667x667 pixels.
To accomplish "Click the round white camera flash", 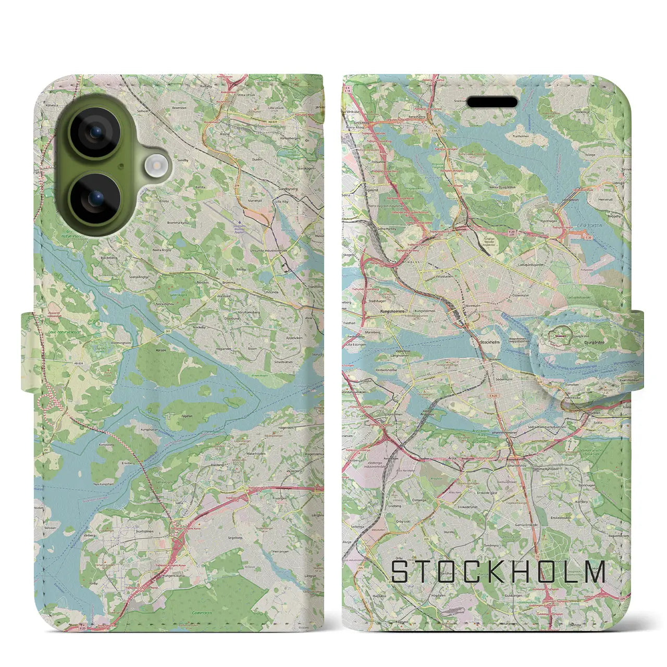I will click(x=155, y=166).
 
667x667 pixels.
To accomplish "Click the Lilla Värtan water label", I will click(x=589, y=226).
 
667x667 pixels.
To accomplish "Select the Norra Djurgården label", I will click(x=502, y=187).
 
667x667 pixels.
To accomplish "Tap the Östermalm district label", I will click(x=521, y=280).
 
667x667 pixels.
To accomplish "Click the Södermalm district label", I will click(x=503, y=379).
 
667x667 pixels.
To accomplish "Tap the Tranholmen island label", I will click(x=520, y=137).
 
